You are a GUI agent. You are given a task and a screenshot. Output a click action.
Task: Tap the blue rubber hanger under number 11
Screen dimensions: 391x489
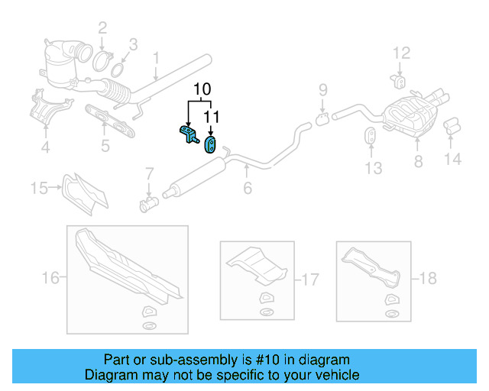tap(210, 143)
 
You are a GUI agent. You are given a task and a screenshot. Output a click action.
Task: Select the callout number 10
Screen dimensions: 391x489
tap(201, 89)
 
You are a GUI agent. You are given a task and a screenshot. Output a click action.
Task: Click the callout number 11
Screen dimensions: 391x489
tap(211, 117)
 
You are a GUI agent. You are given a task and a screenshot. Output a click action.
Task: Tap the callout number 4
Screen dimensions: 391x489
tap(45, 147)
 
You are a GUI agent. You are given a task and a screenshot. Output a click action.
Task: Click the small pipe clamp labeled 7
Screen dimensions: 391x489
tap(148, 204)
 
